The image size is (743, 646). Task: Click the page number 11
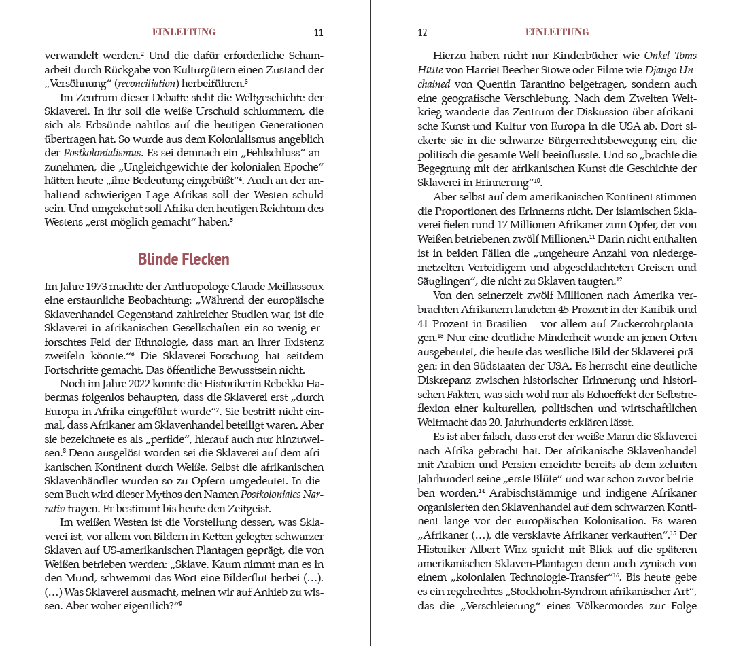click(319, 33)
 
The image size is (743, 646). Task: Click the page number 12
click(421, 33)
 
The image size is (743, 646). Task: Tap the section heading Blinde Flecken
click(184, 259)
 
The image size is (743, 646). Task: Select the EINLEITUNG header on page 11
click(184, 32)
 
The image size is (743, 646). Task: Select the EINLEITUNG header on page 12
click(557, 32)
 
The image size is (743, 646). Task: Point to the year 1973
click(90, 285)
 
